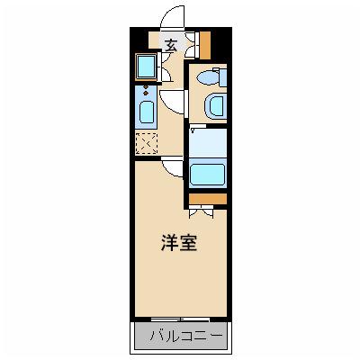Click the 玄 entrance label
click(x=170, y=44)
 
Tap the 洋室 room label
click(x=179, y=243)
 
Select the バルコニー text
click(x=179, y=338)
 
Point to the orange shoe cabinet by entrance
click(x=204, y=43)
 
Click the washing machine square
click(x=145, y=67)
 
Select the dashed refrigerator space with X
click(x=146, y=142)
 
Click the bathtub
click(x=208, y=174)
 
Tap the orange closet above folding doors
click(x=208, y=198)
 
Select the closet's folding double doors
click(x=202, y=212)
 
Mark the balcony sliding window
click(x=179, y=319)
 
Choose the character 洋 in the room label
click(x=169, y=243)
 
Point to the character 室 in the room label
click(x=189, y=243)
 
